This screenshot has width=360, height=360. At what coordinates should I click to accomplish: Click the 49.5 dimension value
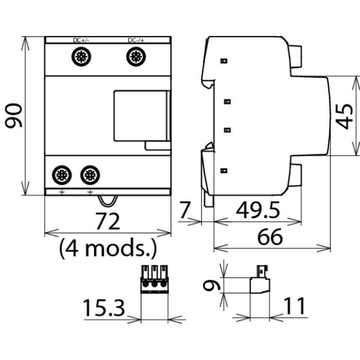258,211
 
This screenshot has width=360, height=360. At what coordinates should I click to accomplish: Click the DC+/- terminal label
81,40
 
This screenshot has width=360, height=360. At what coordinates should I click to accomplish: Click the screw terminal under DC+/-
81,57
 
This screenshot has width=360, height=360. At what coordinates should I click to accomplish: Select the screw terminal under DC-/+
136,57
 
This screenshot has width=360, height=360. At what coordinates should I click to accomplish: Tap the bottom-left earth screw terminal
62,175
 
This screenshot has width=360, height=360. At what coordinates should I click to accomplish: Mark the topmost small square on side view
224,61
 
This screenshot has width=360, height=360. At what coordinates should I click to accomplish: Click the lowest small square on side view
224,170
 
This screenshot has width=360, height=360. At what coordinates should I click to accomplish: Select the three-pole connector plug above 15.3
154,279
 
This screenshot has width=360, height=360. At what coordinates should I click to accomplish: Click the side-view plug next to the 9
260,281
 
